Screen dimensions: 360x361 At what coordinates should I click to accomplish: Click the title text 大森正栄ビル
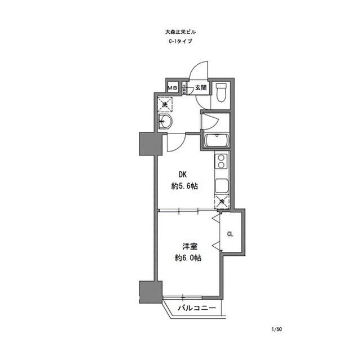click(180, 33)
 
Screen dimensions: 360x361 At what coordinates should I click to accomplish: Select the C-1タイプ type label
click(180, 42)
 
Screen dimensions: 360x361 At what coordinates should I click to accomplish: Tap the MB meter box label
click(172, 88)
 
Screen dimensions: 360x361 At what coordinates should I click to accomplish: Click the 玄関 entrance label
click(201, 88)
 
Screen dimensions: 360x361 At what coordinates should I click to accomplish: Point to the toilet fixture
click(221, 92)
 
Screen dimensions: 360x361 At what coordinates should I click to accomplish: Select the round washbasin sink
click(165, 123)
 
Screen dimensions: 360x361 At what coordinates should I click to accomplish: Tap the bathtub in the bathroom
click(215, 141)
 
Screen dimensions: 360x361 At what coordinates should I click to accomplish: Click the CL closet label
click(230, 234)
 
